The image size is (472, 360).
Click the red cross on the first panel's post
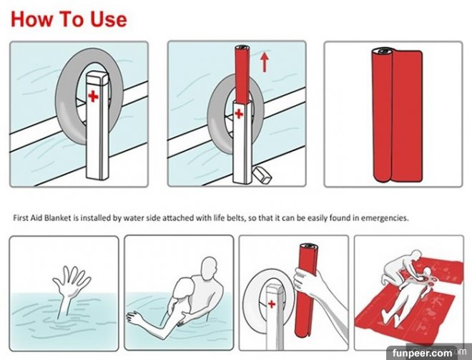pyautogui.click(x=93, y=96)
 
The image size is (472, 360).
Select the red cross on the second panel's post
pyautogui.click(x=239, y=114)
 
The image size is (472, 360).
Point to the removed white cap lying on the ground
pyautogui.click(x=262, y=175)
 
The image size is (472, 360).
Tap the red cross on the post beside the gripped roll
pyautogui.click(x=272, y=303)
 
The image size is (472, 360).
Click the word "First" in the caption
pyautogui.click(x=21, y=218)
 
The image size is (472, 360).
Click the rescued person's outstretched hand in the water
pyautogui.click(x=133, y=318)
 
